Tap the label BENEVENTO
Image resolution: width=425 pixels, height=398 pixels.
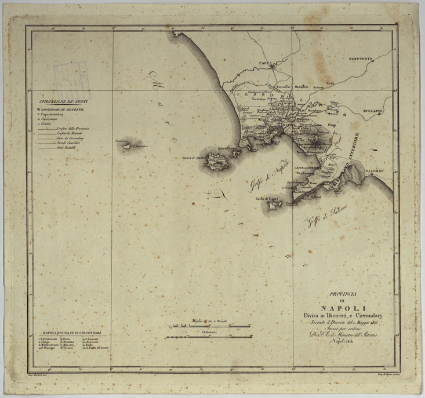tap(364, 59)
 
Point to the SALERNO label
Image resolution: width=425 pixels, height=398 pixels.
tap(375, 171)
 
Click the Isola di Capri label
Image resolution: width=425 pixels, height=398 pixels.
tap(268, 198)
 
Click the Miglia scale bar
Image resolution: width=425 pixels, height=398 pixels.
tap(209, 326)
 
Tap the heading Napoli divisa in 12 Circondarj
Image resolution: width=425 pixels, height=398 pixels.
tap(72, 333)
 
